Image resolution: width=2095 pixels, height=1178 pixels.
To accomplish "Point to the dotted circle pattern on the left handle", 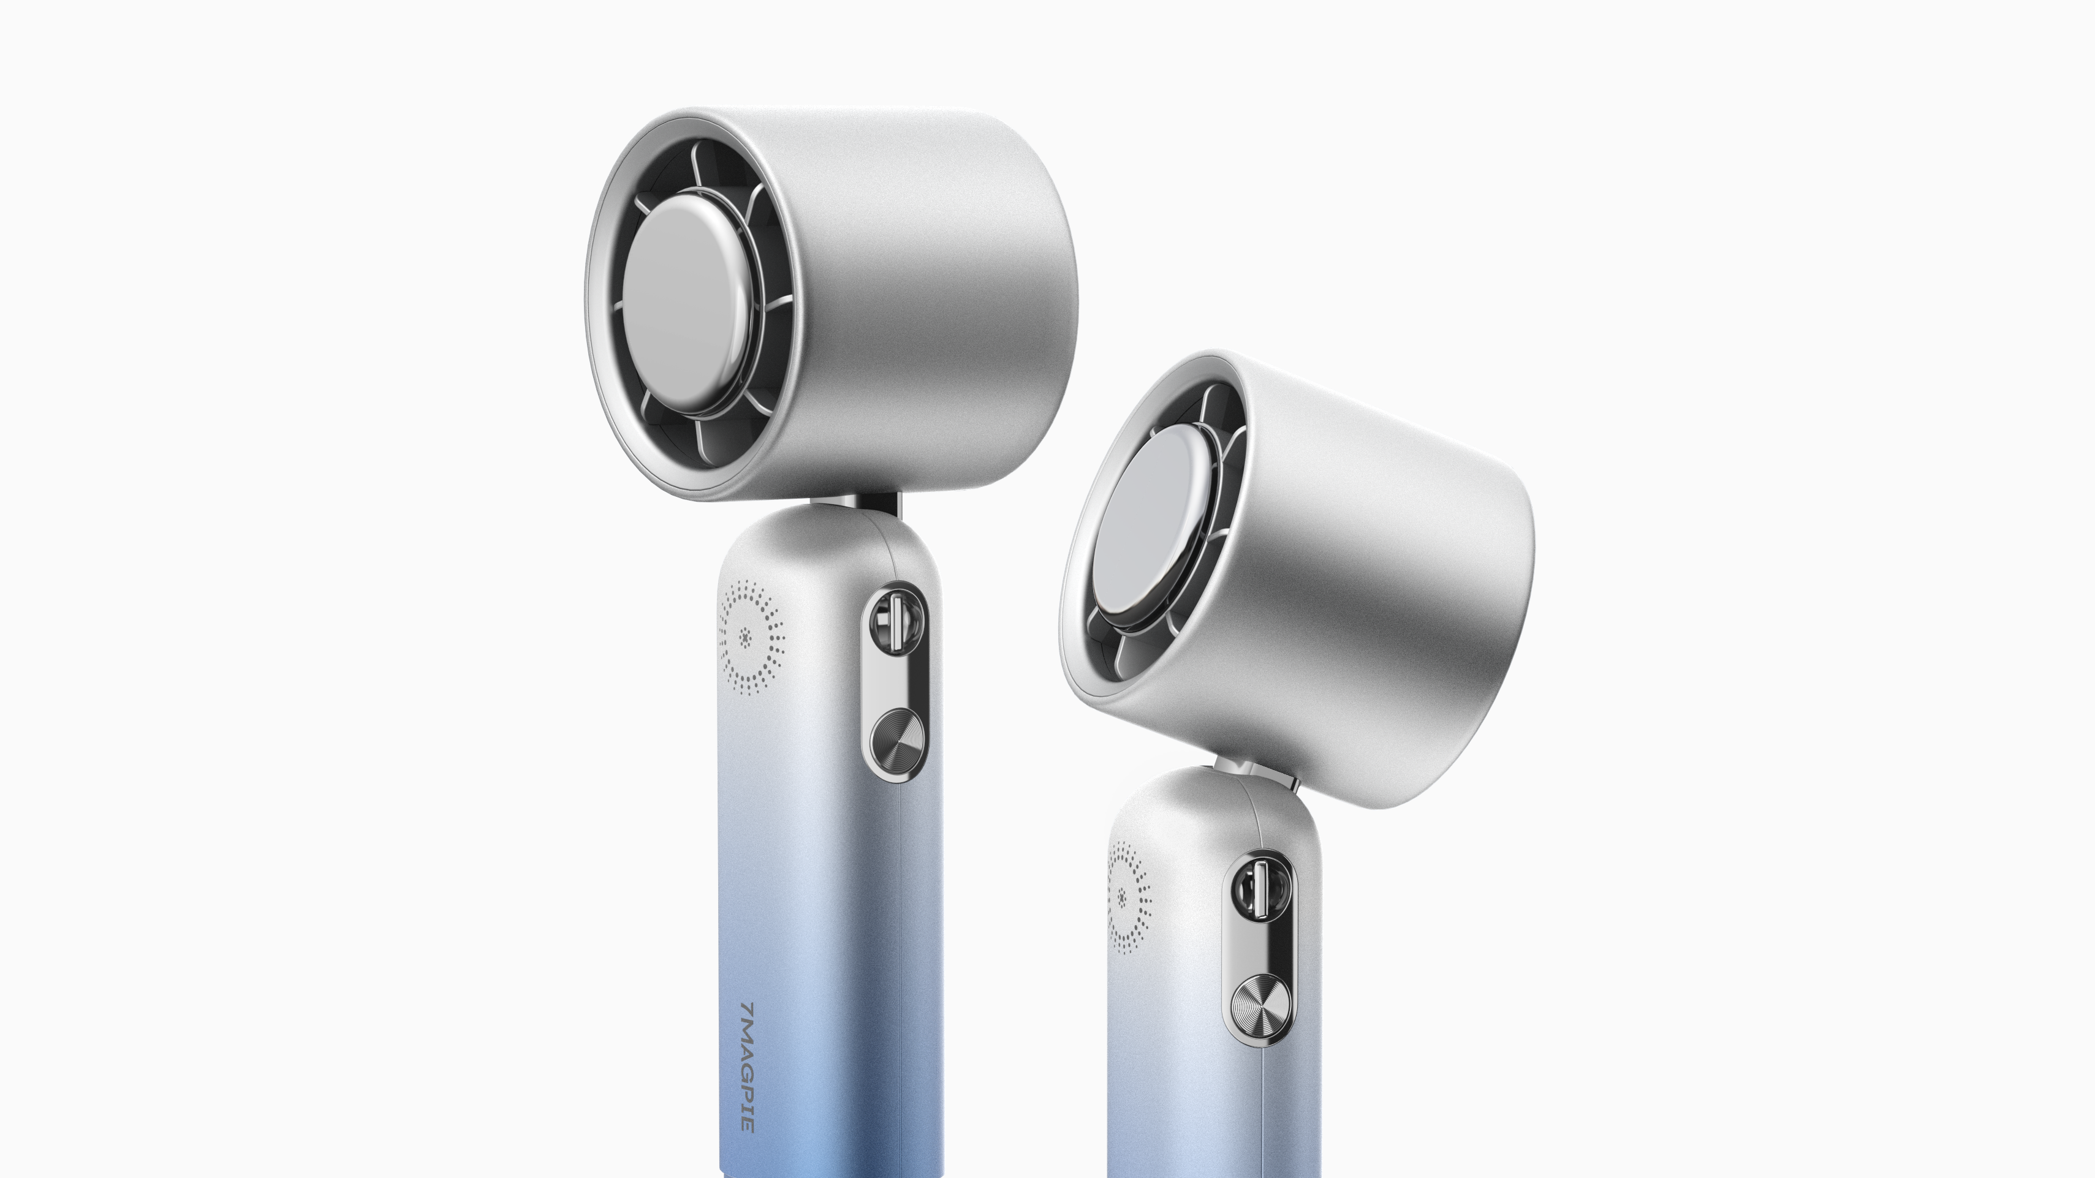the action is [751, 637].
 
